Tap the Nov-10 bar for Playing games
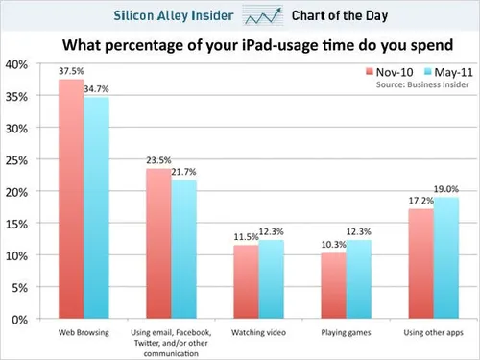pyautogui.click(x=333, y=285)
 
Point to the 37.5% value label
pyautogui.click(x=69, y=70)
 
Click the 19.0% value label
pyautogui.click(x=446, y=189)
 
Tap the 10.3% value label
pyautogui.click(x=332, y=244)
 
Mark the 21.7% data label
pyautogui.click(x=184, y=172)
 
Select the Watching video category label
pyautogui.click(x=259, y=331)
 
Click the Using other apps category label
pyautogui.click(x=433, y=331)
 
